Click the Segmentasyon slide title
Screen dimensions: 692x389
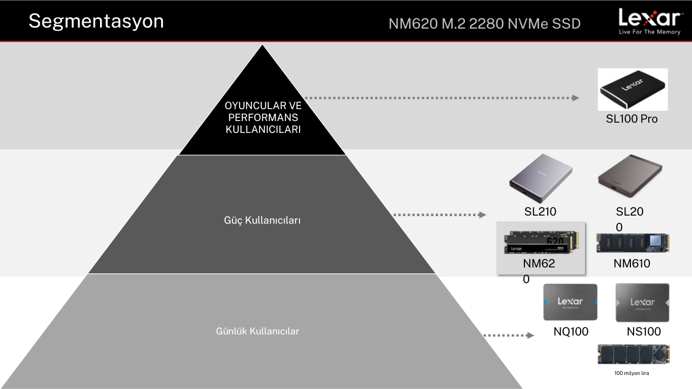[x=96, y=22]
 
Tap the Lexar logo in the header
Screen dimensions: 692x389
[x=650, y=21]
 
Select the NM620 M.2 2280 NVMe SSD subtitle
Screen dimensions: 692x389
[x=484, y=24]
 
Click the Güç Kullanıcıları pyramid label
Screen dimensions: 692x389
[x=262, y=220]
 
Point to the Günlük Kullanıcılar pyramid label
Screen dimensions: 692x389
[x=257, y=331]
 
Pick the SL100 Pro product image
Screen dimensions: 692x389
[x=633, y=90]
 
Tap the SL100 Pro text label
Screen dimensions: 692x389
[x=632, y=119]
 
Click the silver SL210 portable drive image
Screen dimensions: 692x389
[x=541, y=178]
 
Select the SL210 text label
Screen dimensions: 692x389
[x=540, y=211]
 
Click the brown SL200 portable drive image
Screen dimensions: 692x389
[x=630, y=176]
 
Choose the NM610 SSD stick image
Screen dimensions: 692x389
[x=633, y=243]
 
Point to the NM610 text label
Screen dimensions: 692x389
[x=632, y=263]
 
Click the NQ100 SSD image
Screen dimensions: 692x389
[x=570, y=302]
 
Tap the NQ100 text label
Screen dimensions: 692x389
[x=571, y=332]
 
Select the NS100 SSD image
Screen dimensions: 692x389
[x=643, y=303]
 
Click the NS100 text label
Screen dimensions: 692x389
[x=644, y=332]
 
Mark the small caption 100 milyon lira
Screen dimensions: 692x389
[x=632, y=373]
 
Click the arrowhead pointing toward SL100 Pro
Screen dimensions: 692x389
[x=576, y=98]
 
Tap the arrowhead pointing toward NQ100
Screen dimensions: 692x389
[x=530, y=336]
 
